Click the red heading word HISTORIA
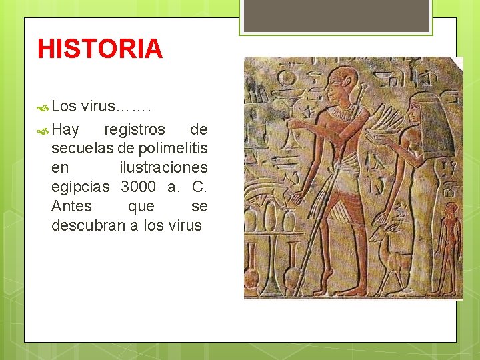(100, 49)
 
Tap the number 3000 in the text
(138, 186)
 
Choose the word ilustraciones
(163, 167)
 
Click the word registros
(135, 129)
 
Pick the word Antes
(71, 206)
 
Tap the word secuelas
(83, 148)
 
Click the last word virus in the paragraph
(185, 225)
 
